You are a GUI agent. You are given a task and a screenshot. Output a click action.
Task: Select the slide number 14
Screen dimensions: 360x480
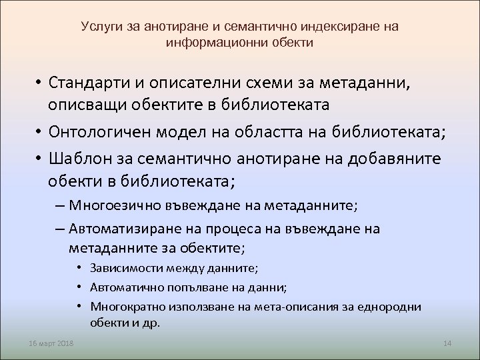(x=447, y=343)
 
